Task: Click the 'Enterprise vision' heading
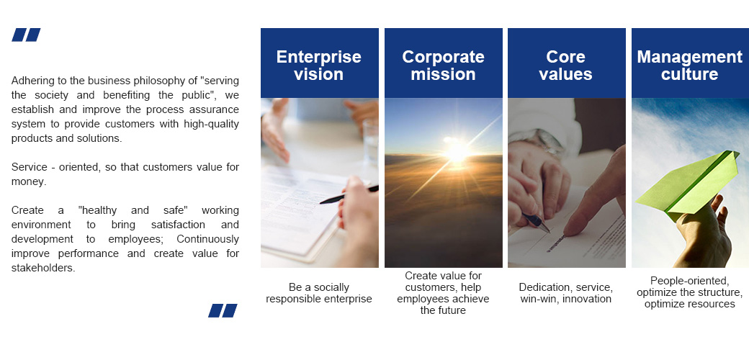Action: (318, 65)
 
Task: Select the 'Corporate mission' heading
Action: (444, 65)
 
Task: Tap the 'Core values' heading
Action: (565, 65)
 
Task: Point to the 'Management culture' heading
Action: (689, 65)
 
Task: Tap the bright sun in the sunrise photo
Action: (456, 152)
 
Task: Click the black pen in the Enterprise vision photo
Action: (349, 194)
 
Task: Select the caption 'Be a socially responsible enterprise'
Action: (318, 293)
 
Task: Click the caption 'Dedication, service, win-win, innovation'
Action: (565, 293)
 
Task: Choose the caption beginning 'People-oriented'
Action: (689, 292)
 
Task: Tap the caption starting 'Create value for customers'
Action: (444, 292)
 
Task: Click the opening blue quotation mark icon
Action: (26, 35)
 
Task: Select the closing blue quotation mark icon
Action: (223, 310)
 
